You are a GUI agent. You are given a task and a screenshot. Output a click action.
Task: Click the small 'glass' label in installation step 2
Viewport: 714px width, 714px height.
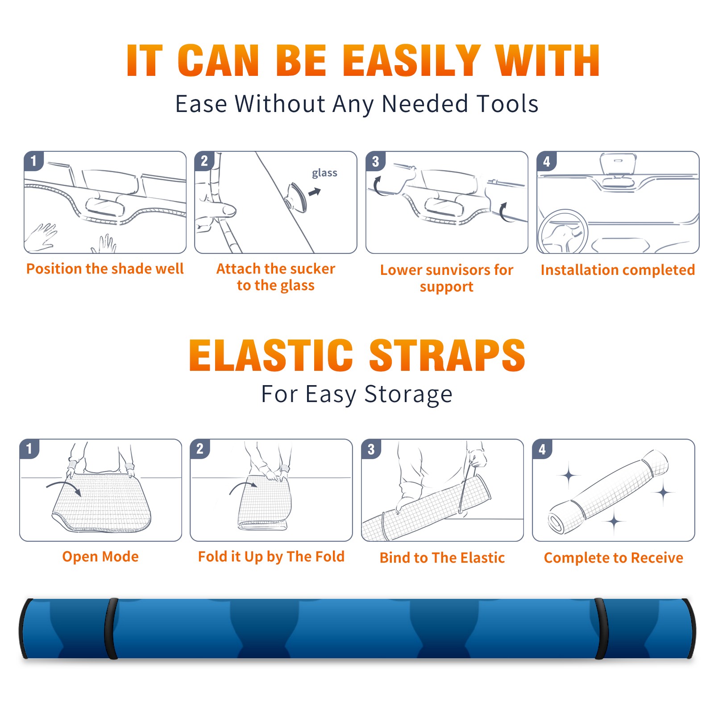(x=324, y=173)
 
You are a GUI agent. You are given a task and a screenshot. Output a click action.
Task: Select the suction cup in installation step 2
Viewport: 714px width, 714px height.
(x=296, y=197)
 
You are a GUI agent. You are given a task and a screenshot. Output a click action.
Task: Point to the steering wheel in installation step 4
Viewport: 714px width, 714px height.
(x=563, y=232)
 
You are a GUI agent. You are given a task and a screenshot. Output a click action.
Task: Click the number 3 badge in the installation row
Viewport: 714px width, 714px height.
(x=375, y=161)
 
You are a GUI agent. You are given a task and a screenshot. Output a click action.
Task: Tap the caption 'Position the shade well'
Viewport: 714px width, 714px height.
(x=105, y=269)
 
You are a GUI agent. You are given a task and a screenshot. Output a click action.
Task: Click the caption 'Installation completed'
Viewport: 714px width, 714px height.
(x=618, y=270)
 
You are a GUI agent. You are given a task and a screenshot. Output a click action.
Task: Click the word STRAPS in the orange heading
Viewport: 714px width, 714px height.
(x=447, y=355)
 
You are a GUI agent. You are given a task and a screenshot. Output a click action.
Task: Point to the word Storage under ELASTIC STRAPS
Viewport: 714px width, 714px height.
(x=408, y=394)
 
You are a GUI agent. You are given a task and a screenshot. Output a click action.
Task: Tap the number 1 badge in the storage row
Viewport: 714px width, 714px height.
(x=29, y=448)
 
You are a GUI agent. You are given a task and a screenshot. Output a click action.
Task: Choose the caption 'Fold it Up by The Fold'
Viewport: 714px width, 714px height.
(x=271, y=556)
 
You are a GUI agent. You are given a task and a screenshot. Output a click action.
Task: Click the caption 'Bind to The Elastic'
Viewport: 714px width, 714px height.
(x=442, y=558)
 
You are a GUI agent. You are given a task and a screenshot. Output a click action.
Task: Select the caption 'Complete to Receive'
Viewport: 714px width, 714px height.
(x=613, y=558)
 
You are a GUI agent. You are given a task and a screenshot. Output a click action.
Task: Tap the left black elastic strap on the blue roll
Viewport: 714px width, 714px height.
(x=111, y=629)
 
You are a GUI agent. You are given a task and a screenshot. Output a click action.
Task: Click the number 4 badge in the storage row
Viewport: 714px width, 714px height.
(x=542, y=448)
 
